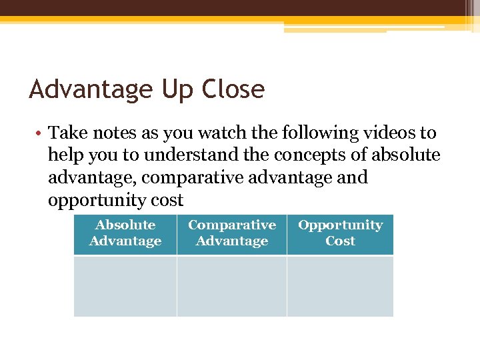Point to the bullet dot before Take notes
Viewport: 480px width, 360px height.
coord(39,133)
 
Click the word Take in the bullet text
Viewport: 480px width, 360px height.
coord(65,133)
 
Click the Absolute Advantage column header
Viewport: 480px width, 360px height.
coord(125,233)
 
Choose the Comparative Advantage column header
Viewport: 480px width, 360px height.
coord(231,233)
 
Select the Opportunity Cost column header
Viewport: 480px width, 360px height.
coord(340,233)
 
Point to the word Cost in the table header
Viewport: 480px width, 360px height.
coord(340,241)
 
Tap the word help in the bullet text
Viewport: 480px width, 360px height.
coord(65,156)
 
